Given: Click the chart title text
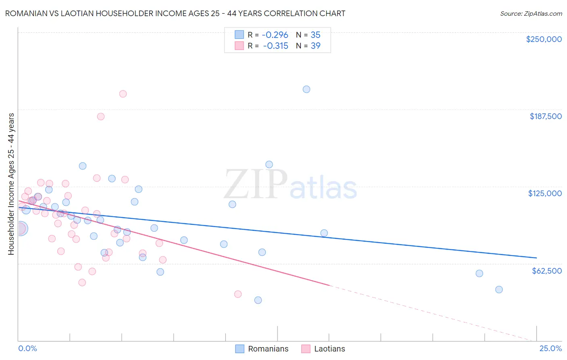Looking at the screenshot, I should pyautogui.click(x=175, y=13).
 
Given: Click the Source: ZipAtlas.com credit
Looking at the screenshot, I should pyautogui.click(x=531, y=14).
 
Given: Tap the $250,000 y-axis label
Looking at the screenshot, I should pyautogui.click(x=544, y=39).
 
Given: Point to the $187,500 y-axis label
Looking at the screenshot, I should pyautogui.click(x=545, y=116).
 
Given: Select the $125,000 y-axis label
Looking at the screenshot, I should pyautogui.click(x=545, y=193).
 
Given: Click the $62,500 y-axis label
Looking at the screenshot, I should pyautogui.click(x=546, y=271).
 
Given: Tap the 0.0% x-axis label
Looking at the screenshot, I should pyautogui.click(x=27, y=349).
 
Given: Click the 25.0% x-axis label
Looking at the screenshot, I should pyautogui.click(x=550, y=349).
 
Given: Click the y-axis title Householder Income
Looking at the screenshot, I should pyautogui.click(x=11, y=184).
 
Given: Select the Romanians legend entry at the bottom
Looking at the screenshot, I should pyautogui.click(x=262, y=349).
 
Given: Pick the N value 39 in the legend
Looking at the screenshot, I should pyautogui.click(x=315, y=46).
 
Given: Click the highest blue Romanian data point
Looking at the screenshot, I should pyautogui.click(x=306, y=89).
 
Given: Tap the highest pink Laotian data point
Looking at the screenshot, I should pyautogui.click(x=123, y=94).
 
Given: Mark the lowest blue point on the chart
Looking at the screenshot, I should pyautogui.click(x=258, y=300).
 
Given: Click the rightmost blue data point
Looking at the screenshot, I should pyautogui.click(x=499, y=289).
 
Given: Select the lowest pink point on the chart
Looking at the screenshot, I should pyautogui.click(x=238, y=294).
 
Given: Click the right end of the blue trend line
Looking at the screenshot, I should pyautogui.click(x=536, y=257).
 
